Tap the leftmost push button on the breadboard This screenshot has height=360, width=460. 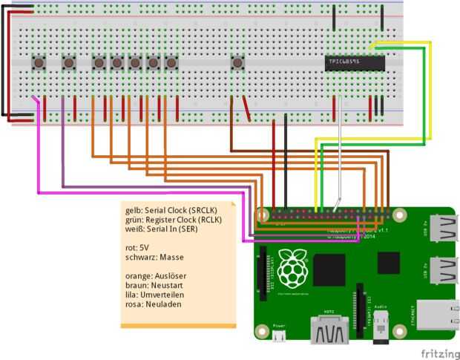coord(39,63)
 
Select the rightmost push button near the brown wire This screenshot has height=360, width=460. coord(237,63)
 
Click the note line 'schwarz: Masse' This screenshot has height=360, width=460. coord(154,257)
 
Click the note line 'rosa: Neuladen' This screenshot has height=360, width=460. coord(154,304)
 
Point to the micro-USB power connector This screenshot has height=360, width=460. coord(279,336)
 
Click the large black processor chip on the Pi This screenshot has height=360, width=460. coord(329,269)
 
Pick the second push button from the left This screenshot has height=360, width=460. coord(69,63)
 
